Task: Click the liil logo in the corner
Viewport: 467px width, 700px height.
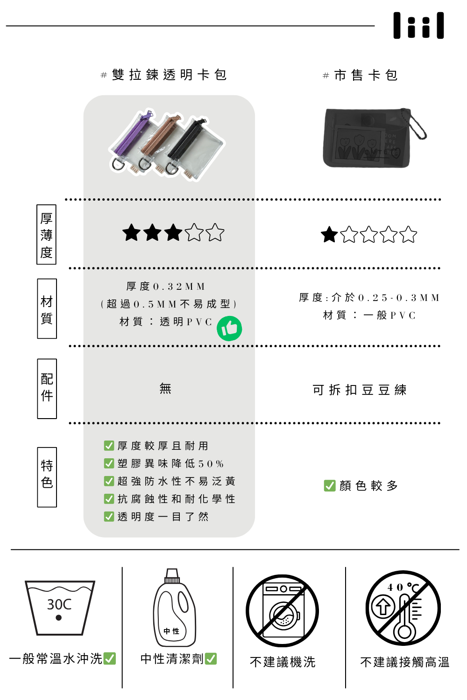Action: (x=418, y=25)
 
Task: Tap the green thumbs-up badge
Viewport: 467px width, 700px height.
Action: (x=229, y=329)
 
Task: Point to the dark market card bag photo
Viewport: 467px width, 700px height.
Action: (x=374, y=138)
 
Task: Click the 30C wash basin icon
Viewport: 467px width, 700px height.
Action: (x=59, y=608)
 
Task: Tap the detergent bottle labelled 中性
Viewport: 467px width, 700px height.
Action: (x=175, y=608)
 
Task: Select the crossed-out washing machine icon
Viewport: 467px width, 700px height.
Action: (x=282, y=610)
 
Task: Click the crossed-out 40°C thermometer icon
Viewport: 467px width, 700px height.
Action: (x=403, y=608)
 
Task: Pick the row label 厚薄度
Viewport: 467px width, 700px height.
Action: (x=46, y=234)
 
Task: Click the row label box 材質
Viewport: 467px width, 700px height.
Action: (x=47, y=308)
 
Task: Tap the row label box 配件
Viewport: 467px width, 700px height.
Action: (x=47, y=388)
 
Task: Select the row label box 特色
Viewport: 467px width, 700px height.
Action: (x=47, y=477)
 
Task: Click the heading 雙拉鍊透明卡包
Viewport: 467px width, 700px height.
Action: (x=169, y=75)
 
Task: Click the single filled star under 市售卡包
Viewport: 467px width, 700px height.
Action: (x=329, y=234)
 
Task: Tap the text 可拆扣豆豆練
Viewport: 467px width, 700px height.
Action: (x=360, y=390)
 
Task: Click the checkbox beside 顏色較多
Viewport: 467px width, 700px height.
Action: (x=330, y=486)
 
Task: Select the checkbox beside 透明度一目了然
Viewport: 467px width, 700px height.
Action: (x=109, y=517)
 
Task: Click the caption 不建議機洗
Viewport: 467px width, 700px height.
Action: (x=283, y=662)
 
